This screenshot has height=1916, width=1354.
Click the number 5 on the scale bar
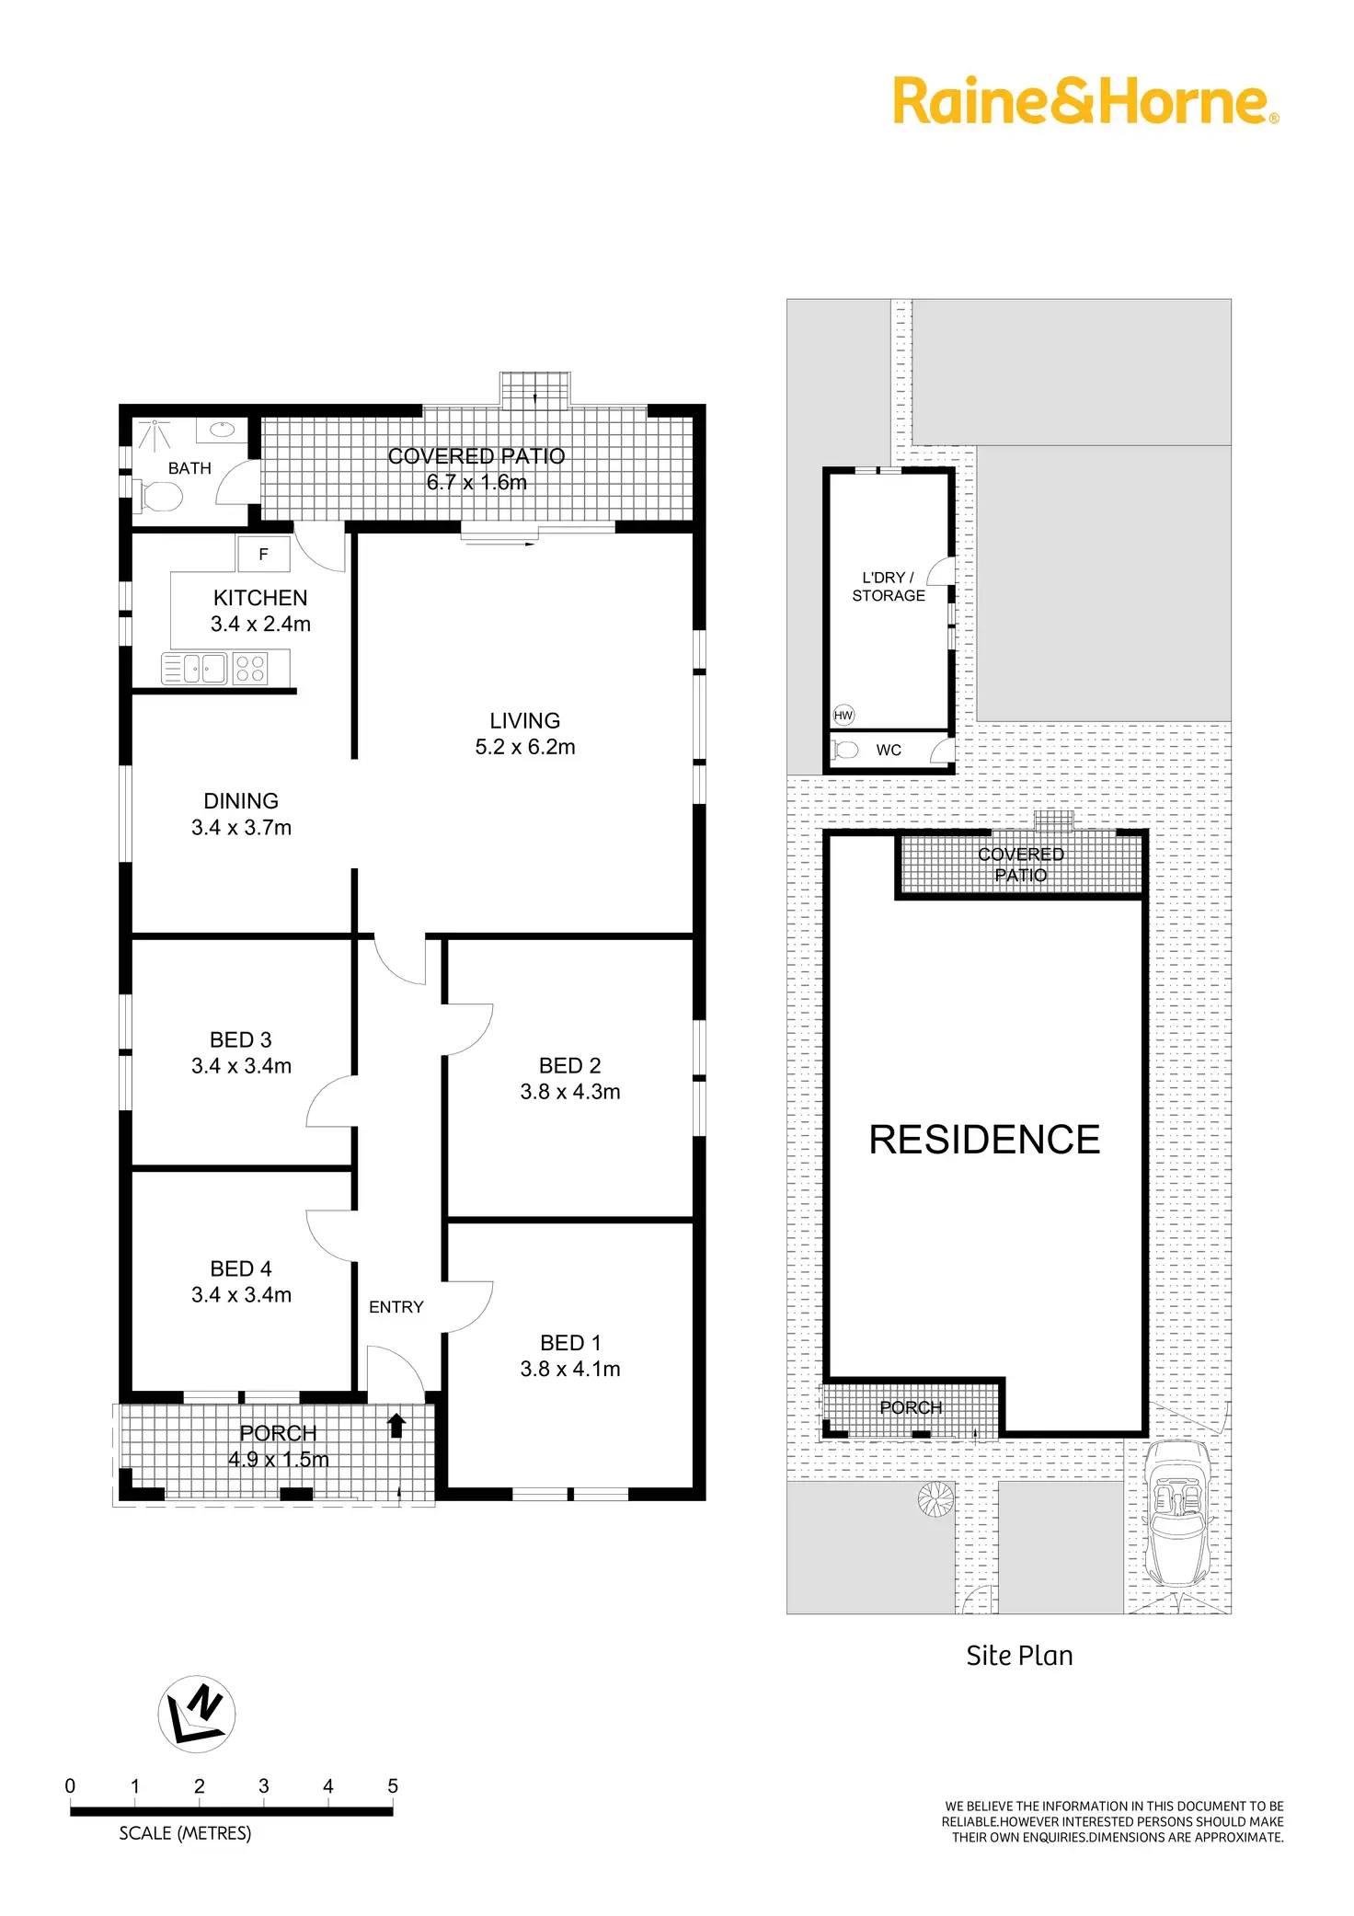tap(393, 1786)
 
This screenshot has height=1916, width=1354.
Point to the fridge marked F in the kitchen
tap(264, 555)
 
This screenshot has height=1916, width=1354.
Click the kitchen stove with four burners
tap(250, 668)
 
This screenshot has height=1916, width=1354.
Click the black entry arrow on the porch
tap(396, 1426)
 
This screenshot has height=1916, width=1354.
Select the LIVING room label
tap(524, 721)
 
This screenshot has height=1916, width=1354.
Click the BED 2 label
tap(570, 1066)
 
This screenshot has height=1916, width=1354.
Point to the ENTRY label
tap(396, 1307)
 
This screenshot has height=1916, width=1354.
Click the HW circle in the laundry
tap(843, 715)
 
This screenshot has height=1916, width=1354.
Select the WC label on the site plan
tap(889, 750)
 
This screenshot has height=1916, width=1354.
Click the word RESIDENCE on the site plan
tap(984, 1140)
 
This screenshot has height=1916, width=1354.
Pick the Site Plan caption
tap(1019, 1656)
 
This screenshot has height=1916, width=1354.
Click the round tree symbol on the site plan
tap(936, 1499)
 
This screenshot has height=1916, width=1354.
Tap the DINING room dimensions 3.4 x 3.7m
tap(241, 828)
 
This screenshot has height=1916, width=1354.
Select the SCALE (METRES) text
tap(185, 1833)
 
